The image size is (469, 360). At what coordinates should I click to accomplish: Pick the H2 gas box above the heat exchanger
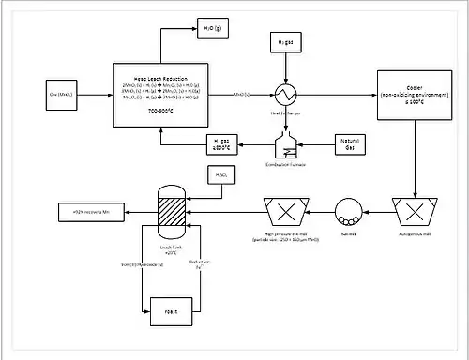pyautogui.click(x=285, y=43)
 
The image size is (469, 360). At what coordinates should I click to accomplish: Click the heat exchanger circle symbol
pyautogui.click(x=284, y=95)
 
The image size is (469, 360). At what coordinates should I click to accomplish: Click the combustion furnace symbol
pyautogui.click(x=284, y=144)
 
